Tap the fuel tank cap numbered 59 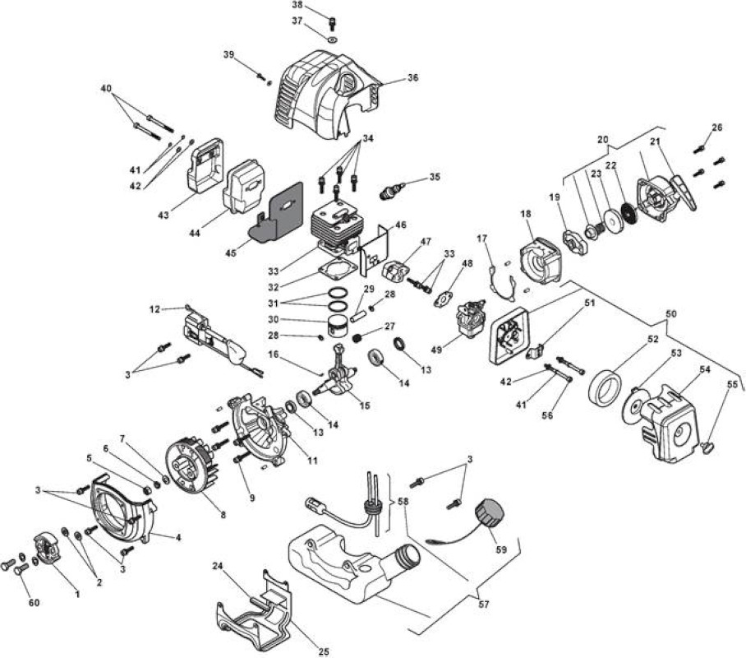click(490, 513)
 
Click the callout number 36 click(413, 77)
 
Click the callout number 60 click(35, 603)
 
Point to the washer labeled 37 click(333, 38)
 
